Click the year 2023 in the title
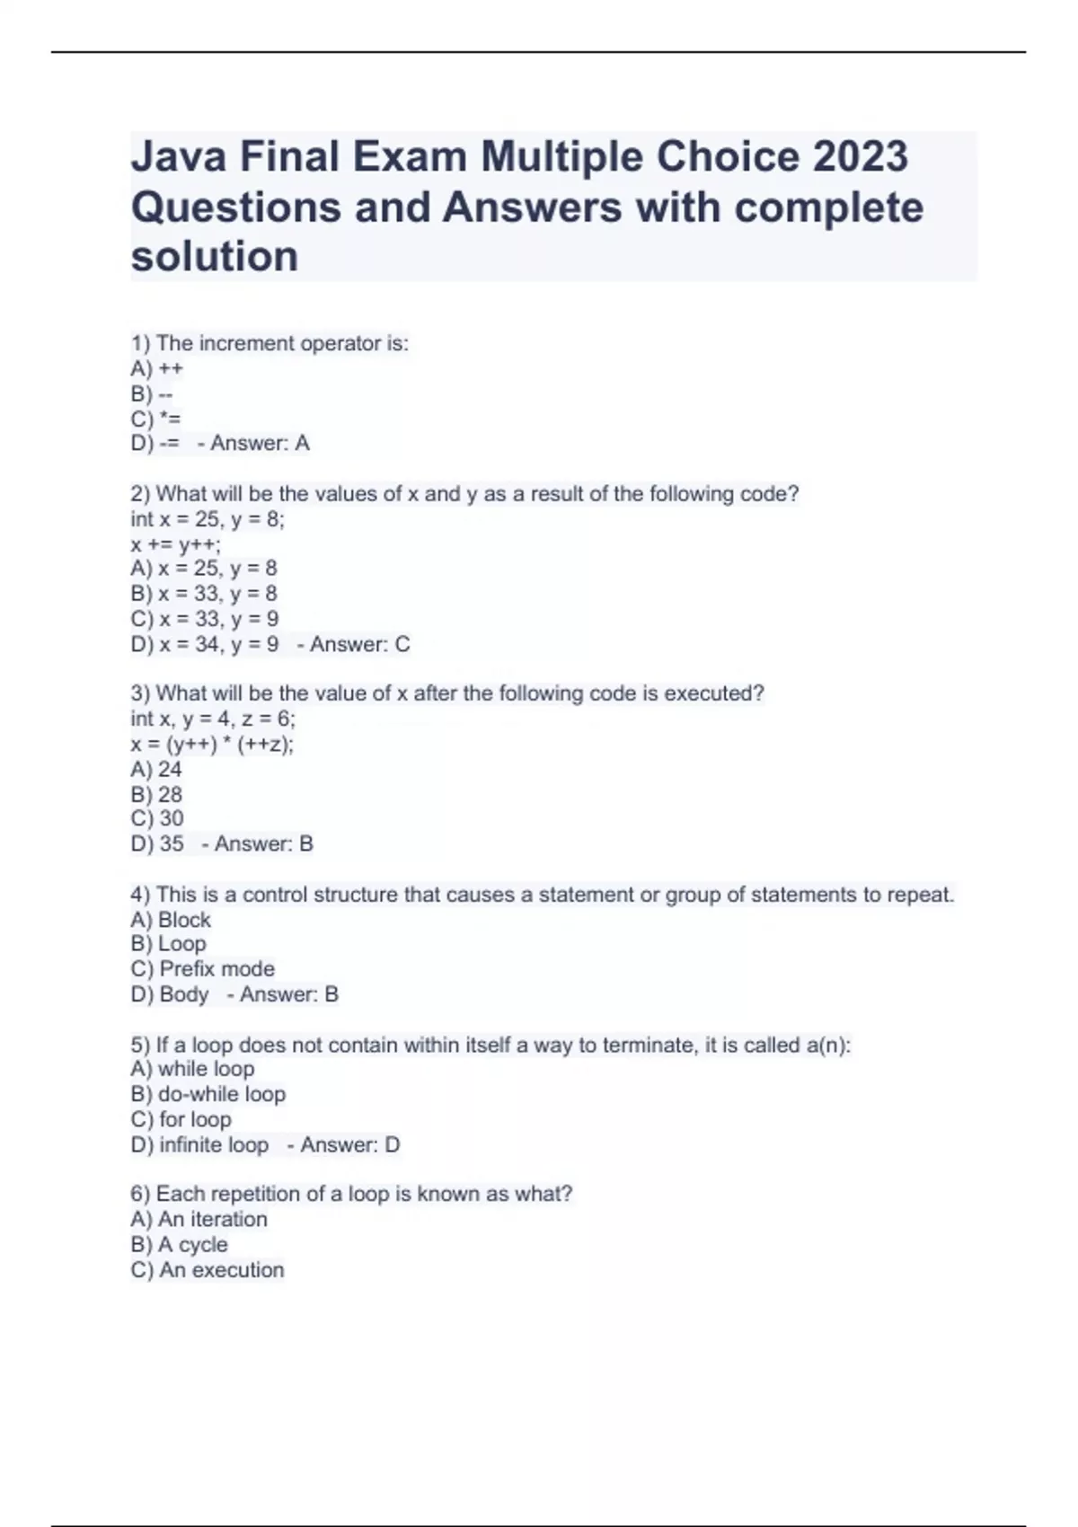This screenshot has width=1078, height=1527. click(x=861, y=157)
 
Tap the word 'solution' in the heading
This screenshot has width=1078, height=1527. click(x=215, y=257)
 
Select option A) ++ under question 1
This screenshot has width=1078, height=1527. click(x=157, y=368)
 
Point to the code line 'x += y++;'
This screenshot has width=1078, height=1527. click(x=176, y=543)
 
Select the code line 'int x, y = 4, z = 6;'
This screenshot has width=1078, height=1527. click(x=213, y=719)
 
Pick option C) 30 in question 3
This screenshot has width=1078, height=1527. click(x=157, y=818)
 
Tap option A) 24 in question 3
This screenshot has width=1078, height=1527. click(x=156, y=769)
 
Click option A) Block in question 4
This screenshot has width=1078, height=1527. click(x=171, y=920)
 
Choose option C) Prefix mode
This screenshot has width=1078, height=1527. click(x=203, y=969)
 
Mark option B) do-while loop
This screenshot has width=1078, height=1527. click(x=208, y=1094)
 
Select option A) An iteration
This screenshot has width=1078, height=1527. click(x=199, y=1219)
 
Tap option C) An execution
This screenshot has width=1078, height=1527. click(x=208, y=1269)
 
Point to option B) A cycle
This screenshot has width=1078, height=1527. click(x=180, y=1244)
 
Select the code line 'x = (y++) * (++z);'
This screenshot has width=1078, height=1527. click(x=212, y=744)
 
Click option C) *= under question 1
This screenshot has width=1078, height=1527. click(x=156, y=419)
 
